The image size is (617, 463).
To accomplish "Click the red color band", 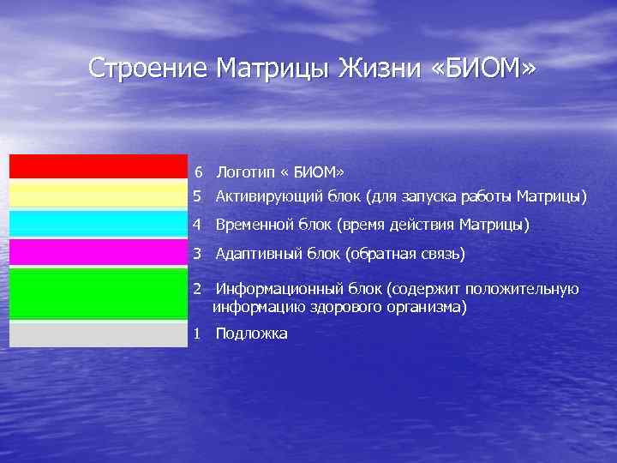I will [98, 166].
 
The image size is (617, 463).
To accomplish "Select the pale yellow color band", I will [98, 195].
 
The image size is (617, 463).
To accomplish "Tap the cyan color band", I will [98, 223].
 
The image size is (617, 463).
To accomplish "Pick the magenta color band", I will [98, 252].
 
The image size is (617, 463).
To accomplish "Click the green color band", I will [98, 293].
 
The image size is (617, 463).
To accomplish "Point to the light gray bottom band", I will [98, 334].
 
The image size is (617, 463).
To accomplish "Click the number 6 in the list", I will [199, 172].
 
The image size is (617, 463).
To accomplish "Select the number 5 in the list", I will [197, 197].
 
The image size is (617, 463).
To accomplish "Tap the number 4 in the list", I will [197, 225].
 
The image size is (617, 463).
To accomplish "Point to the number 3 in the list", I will [197, 254].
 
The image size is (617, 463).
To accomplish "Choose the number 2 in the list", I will [197, 290].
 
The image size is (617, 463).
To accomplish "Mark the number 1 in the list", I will [197, 334].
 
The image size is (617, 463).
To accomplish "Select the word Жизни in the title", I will [375, 68].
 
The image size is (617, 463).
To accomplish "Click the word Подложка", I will [251, 334].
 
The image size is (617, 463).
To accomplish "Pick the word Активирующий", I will [269, 197].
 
